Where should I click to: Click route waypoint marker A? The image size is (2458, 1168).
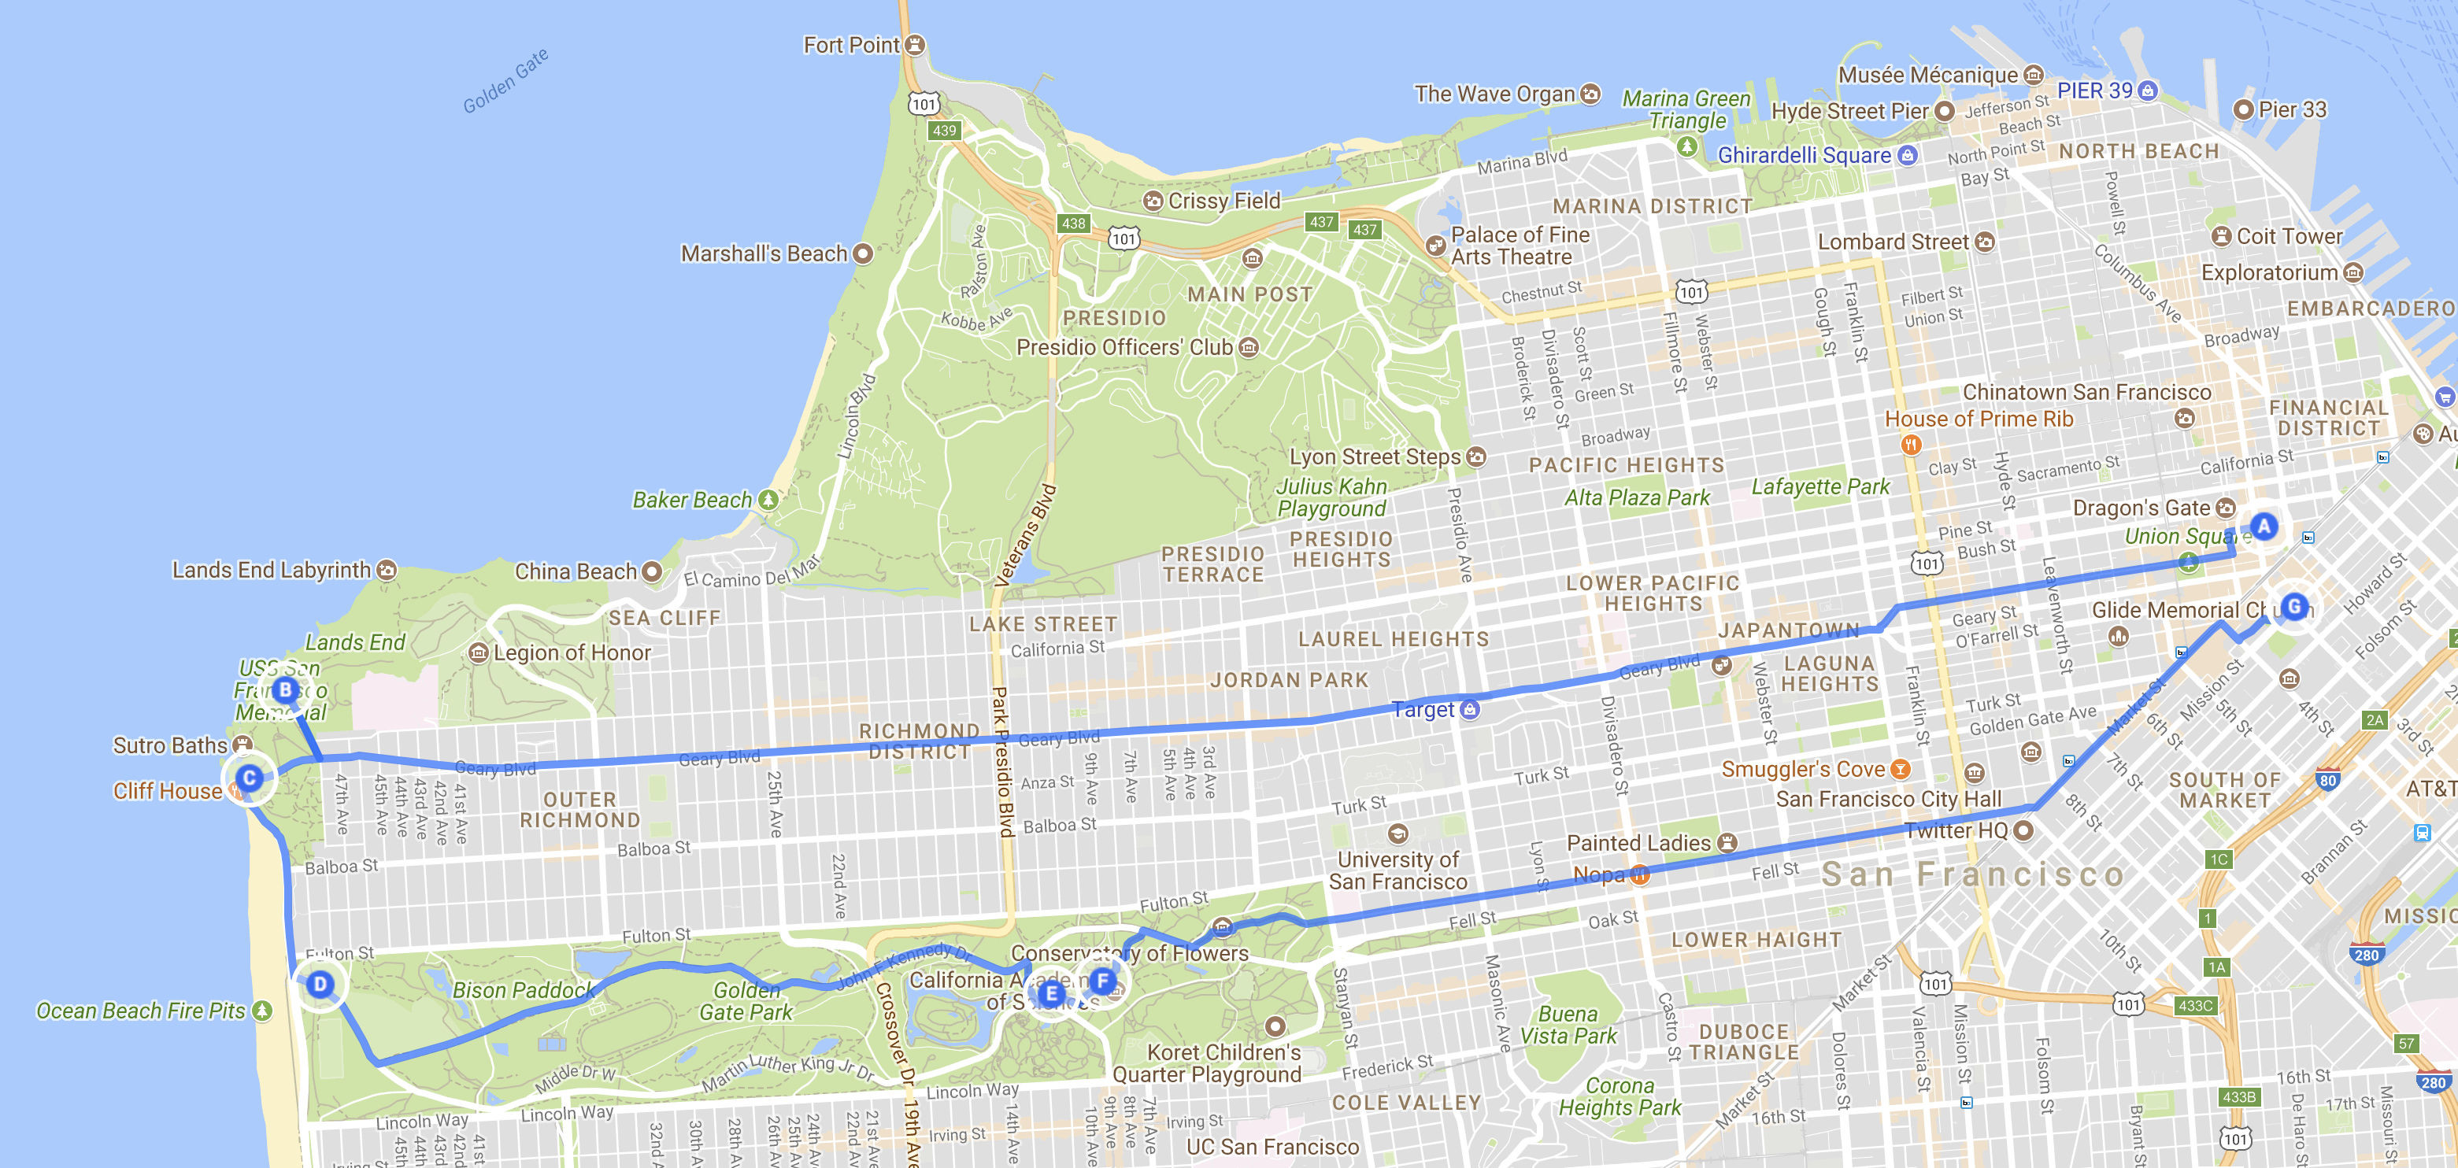pyautogui.click(x=2264, y=526)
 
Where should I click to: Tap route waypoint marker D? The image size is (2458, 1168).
pyautogui.click(x=320, y=984)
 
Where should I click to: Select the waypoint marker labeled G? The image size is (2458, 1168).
pyautogui.click(x=2294, y=606)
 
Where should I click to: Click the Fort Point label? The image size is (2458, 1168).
pyautogui.click(x=851, y=45)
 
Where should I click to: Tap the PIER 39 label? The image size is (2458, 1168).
pyautogui.click(x=2094, y=91)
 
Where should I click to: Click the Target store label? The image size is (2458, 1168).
pyautogui.click(x=1423, y=709)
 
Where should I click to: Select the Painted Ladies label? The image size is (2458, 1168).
pyautogui.click(x=1638, y=843)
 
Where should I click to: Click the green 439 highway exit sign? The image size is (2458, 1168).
pyautogui.click(x=944, y=130)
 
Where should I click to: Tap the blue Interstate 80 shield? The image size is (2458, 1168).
pyautogui.click(x=2327, y=781)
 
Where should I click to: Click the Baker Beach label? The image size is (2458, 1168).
pyautogui.click(x=692, y=499)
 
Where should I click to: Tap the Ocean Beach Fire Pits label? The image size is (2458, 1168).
pyautogui.click(x=140, y=1011)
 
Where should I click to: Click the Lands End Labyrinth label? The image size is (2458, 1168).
pyautogui.click(x=271, y=570)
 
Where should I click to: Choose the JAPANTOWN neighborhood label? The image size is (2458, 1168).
pyautogui.click(x=1789, y=630)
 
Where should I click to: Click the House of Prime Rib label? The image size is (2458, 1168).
pyautogui.click(x=1978, y=419)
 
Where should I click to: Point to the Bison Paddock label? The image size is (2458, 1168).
pyautogui.click(x=523, y=989)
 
